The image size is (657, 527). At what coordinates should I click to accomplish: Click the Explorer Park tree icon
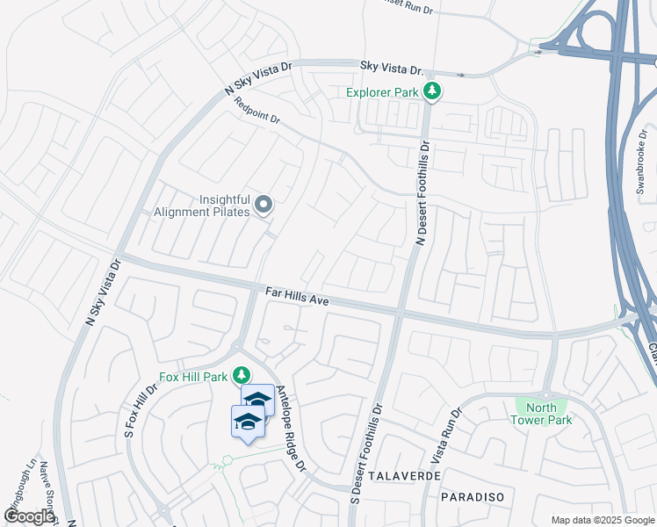click(x=431, y=90)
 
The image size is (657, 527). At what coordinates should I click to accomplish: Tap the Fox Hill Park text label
click(x=193, y=377)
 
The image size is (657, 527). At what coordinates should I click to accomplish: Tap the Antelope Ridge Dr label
click(x=291, y=427)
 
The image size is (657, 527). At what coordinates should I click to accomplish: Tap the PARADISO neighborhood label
click(x=473, y=497)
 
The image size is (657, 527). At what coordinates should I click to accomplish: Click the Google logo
click(x=29, y=516)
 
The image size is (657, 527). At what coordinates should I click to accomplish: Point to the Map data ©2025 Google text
click(x=602, y=520)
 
